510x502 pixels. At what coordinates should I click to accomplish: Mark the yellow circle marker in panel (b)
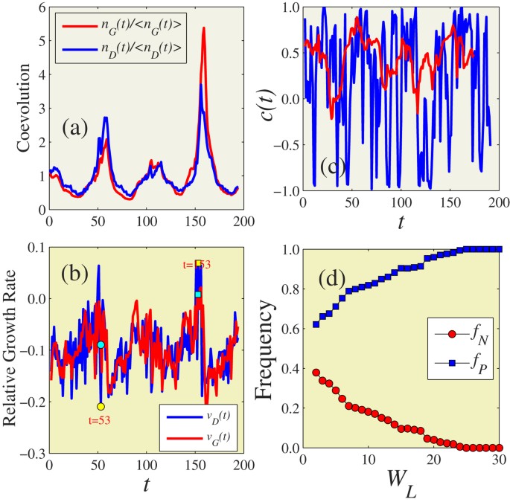[x=101, y=406]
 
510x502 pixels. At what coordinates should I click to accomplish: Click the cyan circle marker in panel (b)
[x=101, y=344]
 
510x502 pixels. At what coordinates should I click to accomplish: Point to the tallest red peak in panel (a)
[x=203, y=29]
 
